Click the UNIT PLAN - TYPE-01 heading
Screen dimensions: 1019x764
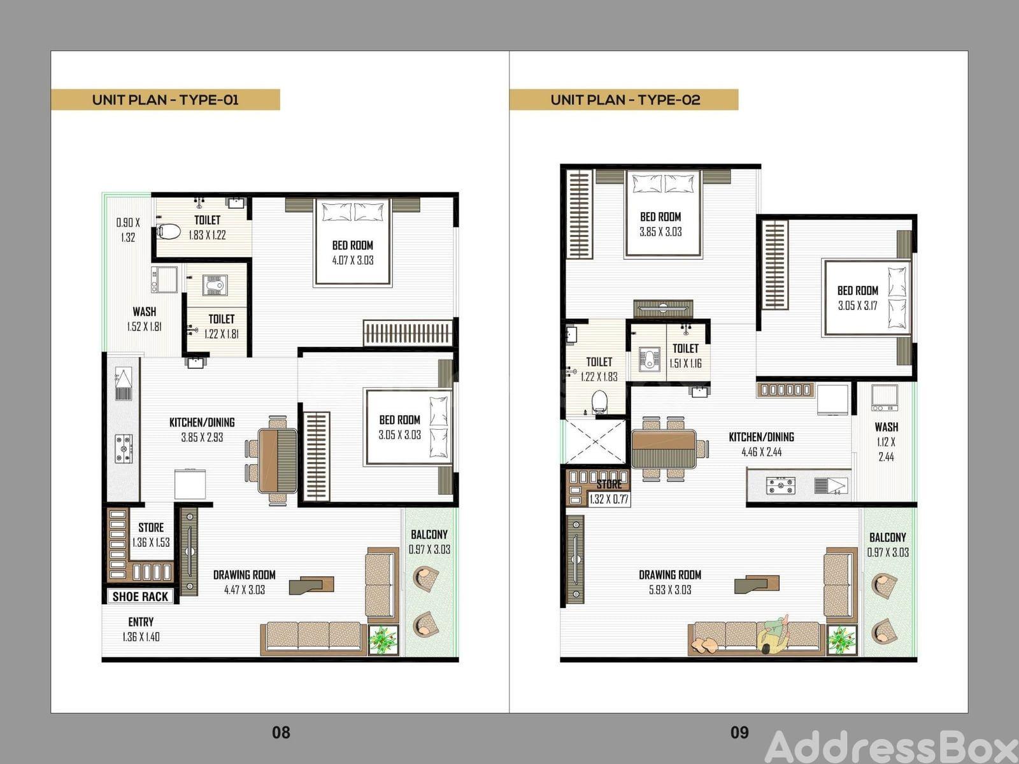coord(165,100)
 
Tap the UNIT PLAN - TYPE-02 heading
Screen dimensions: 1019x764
coord(625,100)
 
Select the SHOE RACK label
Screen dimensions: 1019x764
coord(140,597)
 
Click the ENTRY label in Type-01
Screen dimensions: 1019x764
coord(141,621)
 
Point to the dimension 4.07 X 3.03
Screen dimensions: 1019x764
coord(353,260)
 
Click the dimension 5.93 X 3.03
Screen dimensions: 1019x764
coord(670,590)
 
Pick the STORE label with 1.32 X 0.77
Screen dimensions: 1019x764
coord(609,485)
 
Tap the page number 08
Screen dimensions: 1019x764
coord(281,732)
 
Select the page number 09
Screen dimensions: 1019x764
coord(739,732)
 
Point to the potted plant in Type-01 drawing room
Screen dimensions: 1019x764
coord(383,640)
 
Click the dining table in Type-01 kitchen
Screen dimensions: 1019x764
coord(278,460)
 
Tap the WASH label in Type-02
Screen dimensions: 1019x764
coord(887,427)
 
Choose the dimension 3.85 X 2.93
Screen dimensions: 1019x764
coord(202,437)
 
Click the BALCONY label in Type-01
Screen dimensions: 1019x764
coord(429,534)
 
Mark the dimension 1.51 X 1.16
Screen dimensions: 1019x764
coord(685,364)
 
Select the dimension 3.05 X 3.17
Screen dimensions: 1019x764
coord(857,306)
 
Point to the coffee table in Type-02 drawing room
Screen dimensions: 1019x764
coord(757,584)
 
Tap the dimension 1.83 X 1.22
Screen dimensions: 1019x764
coord(207,235)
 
